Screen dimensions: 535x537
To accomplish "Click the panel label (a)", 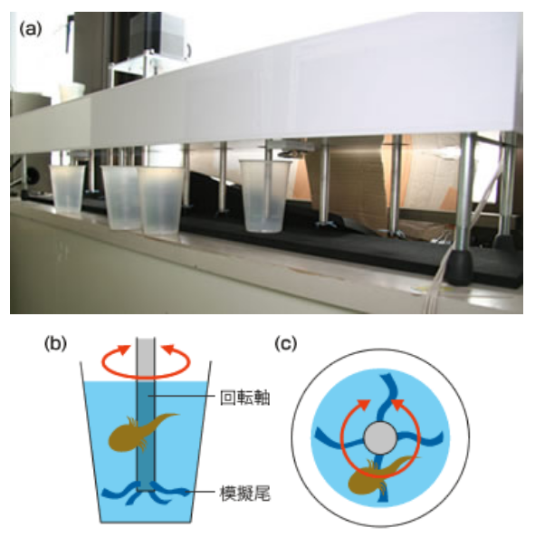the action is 31,29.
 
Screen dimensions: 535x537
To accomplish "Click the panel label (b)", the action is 55,343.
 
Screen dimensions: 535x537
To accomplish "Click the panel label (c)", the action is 286,343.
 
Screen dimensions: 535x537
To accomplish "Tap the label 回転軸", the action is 245,398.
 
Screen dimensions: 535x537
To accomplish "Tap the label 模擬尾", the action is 245,494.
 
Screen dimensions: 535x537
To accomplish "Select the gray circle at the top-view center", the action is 380,438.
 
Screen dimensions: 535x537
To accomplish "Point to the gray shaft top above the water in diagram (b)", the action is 146,359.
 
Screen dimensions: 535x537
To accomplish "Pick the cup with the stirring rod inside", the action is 264,196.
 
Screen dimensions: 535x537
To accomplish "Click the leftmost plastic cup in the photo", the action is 67,190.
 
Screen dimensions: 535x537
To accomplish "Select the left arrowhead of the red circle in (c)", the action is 364,405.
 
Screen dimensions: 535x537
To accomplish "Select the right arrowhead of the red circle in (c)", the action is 397,405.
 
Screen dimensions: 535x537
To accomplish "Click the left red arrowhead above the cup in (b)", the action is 124,350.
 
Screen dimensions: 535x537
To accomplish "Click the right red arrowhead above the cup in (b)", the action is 168,350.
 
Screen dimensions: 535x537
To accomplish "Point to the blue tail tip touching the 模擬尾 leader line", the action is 186,493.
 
